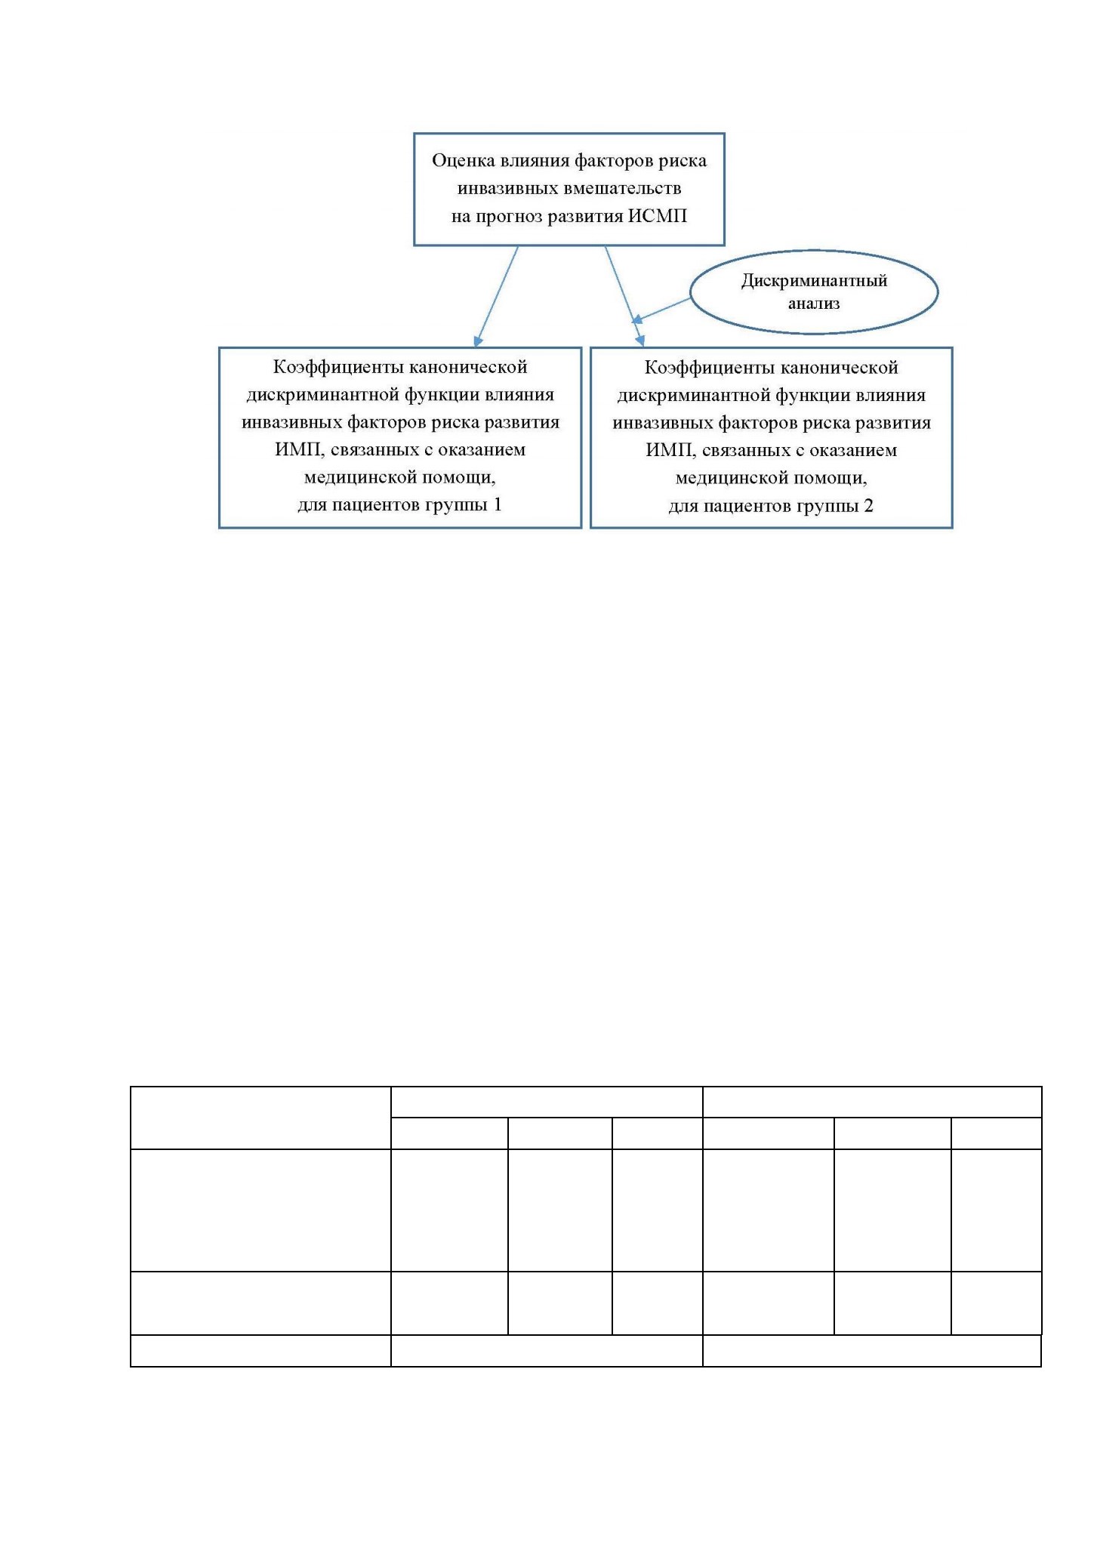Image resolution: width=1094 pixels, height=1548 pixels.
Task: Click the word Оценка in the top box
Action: click(x=464, y=161)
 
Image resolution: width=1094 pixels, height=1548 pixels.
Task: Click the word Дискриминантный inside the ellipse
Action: click(x=814, y=281)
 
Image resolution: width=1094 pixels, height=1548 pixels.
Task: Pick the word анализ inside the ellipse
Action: click(x=814, y=304)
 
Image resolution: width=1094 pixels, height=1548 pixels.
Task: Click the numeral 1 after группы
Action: click(x=498, y=504)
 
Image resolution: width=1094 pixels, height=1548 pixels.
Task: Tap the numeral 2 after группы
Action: click(x=869, y=505)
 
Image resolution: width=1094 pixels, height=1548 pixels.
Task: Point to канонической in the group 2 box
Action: click(x=839, y=368)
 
